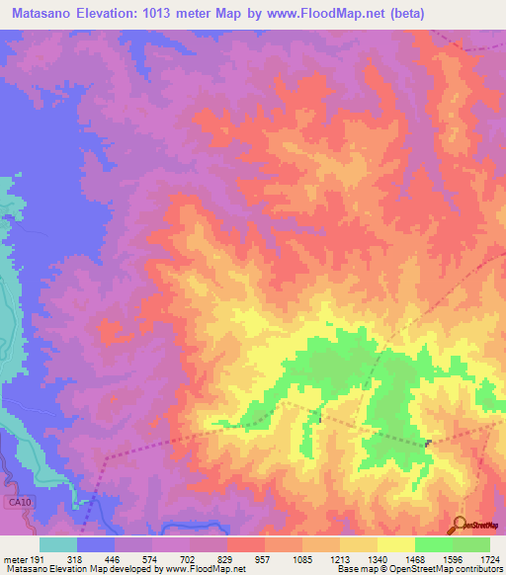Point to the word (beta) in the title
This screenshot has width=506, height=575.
465,14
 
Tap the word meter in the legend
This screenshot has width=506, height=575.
14,558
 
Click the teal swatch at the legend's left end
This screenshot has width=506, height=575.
58,544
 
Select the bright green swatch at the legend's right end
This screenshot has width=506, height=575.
471,544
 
